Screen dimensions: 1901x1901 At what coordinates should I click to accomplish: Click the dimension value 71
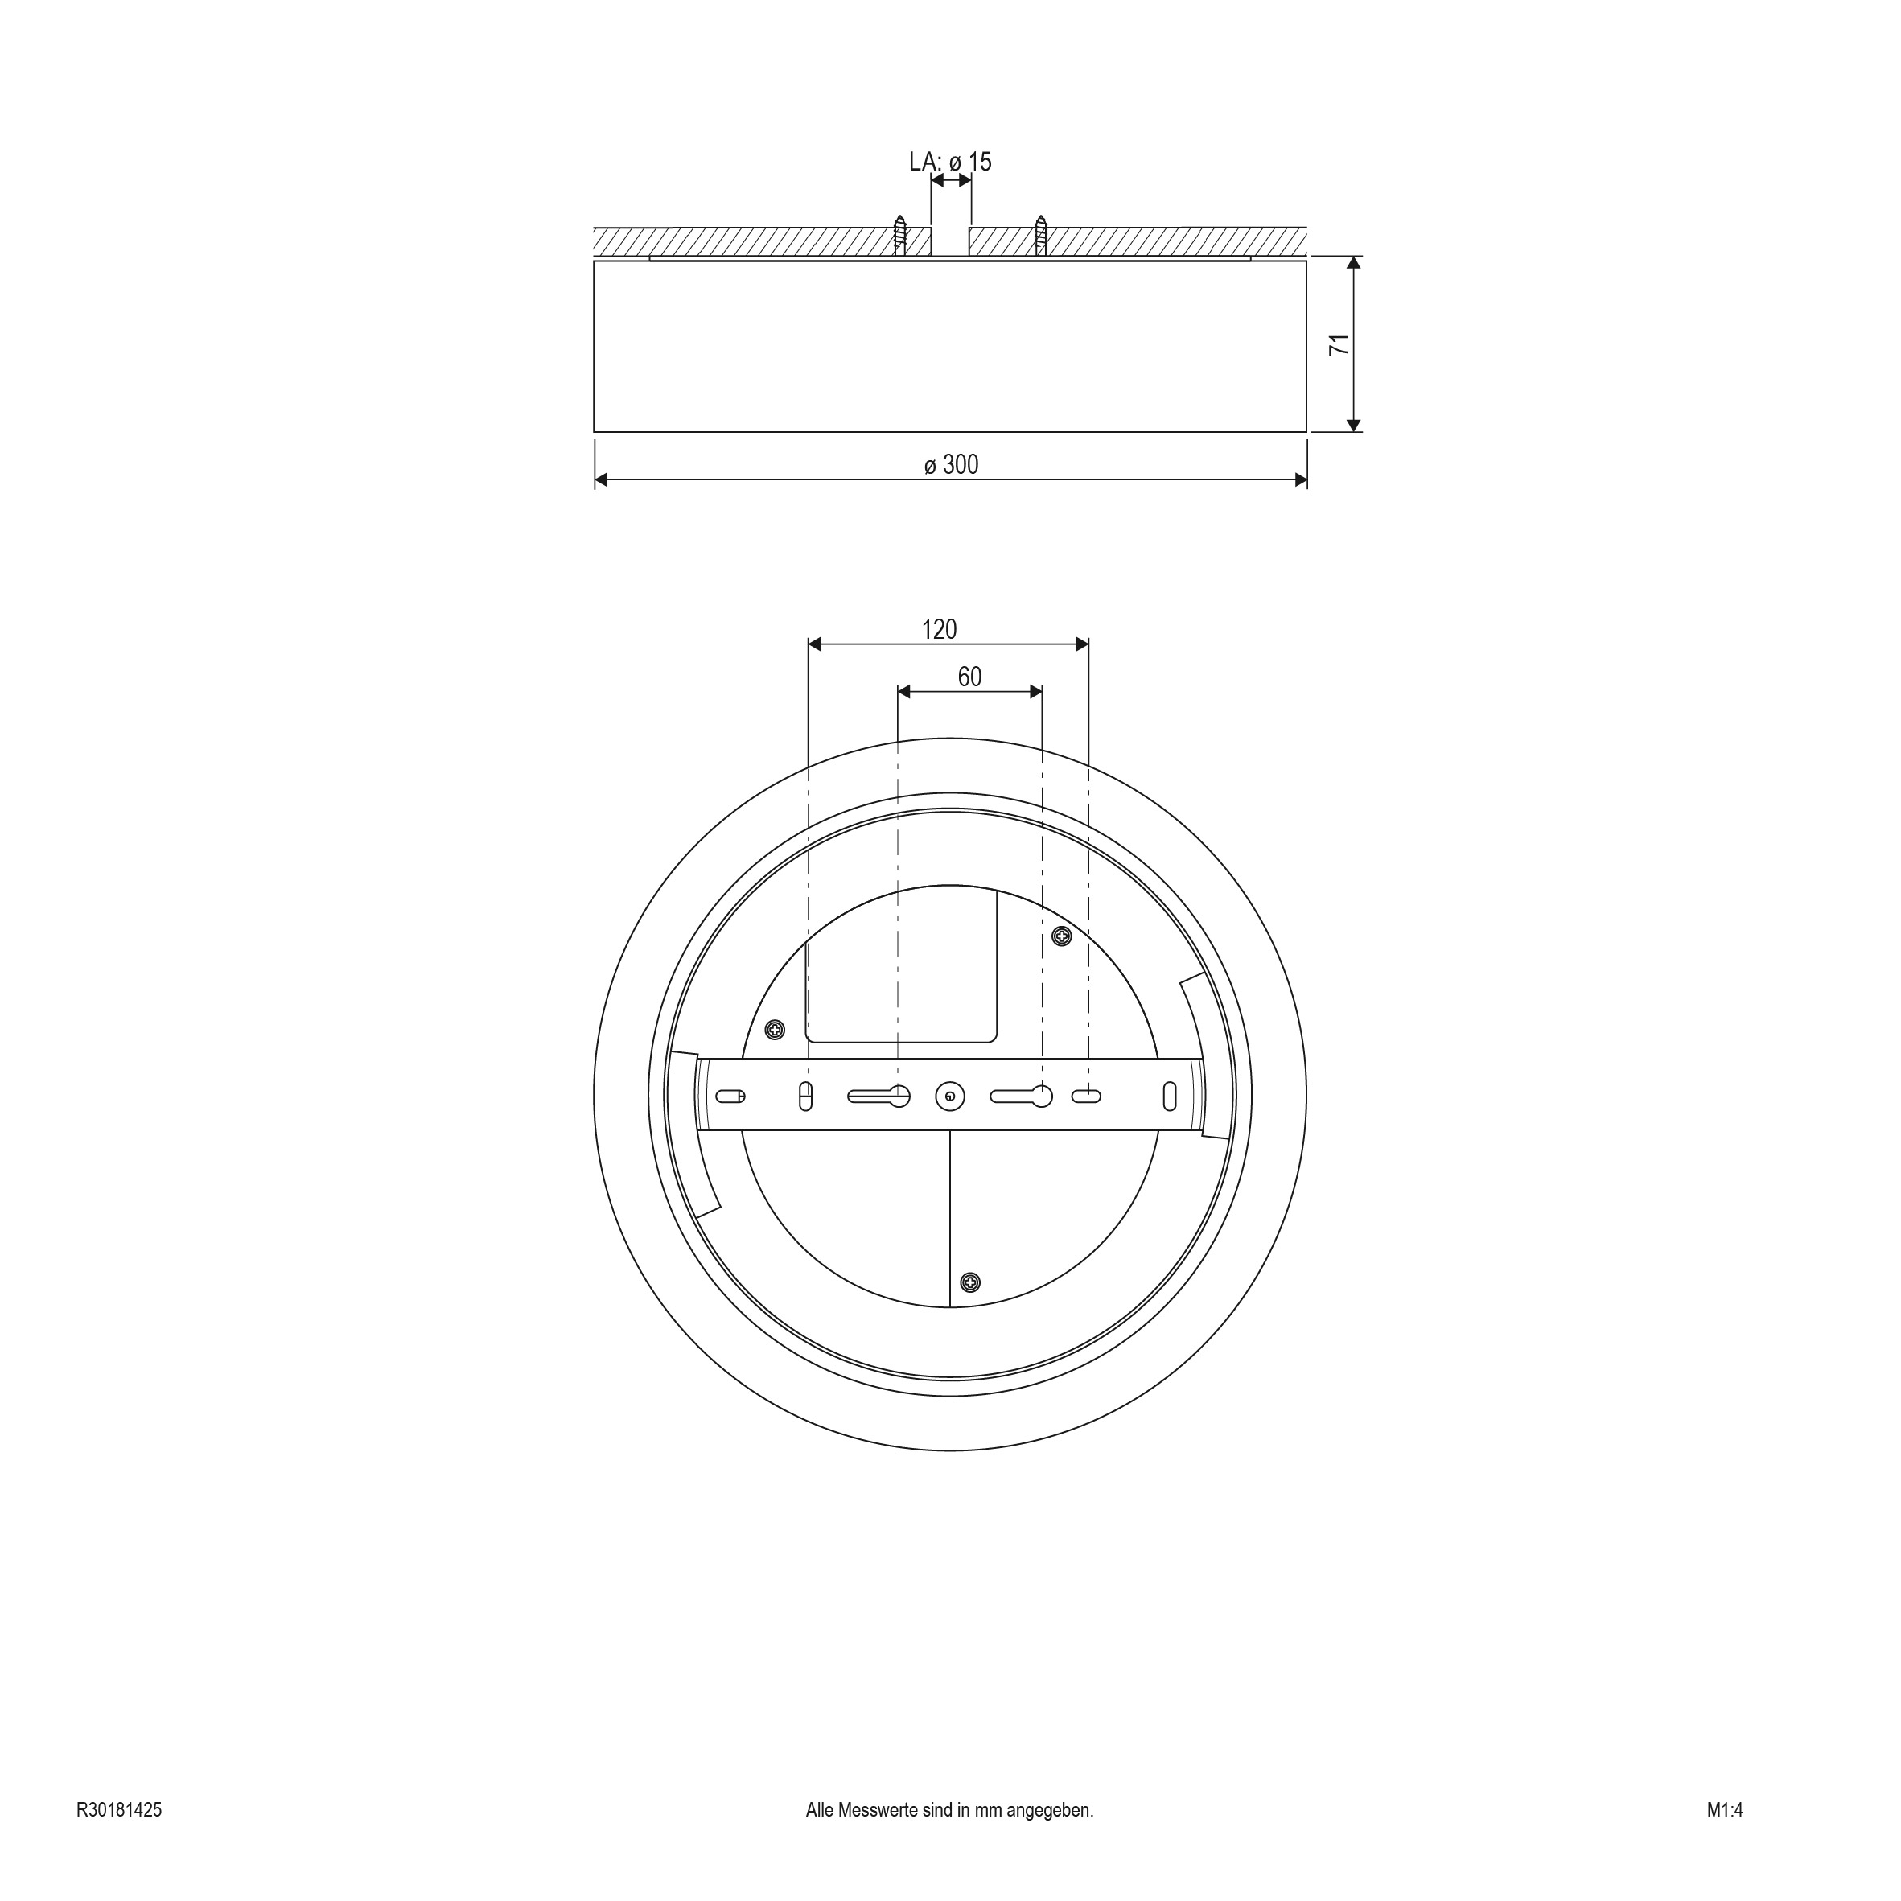pyautogui.click(x=1339, y=344)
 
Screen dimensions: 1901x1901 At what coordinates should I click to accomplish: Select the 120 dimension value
pyautogui.click(x=940, y=629)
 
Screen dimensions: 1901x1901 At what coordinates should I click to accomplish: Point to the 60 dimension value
pyautogui.click(x=970, y=677)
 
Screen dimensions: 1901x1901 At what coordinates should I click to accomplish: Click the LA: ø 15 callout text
pyautogui.click(x=951, y=162)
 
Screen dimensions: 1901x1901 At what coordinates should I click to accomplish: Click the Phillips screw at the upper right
pyautogui.click(x=1062, y=936)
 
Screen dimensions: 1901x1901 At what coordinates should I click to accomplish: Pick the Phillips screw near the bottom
pyautogui.click(x=970, y=1282)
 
